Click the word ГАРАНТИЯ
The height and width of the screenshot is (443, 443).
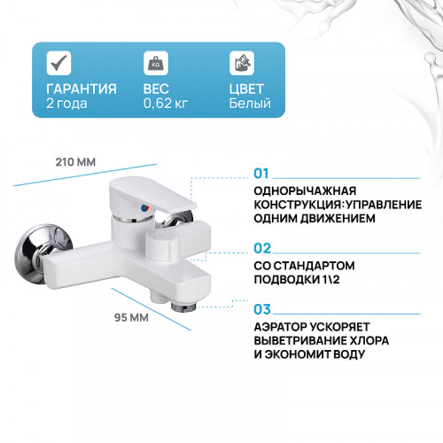coord(81,89)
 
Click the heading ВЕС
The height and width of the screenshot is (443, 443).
coord(157,89)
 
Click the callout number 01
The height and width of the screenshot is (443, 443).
coord(261,174)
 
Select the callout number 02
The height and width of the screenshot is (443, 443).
coord(261,249)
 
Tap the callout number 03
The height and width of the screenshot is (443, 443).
coord(261,309)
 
